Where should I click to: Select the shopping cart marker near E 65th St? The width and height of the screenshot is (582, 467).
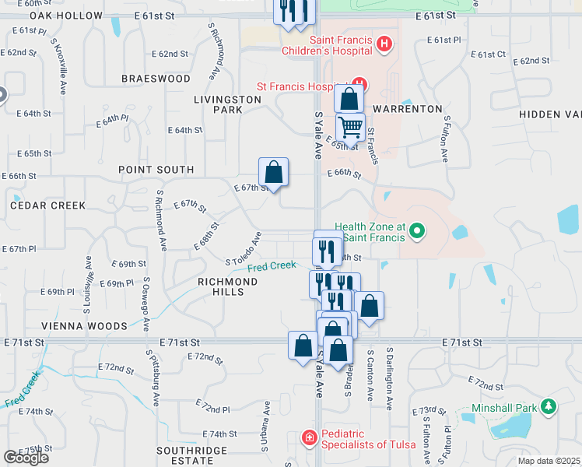tap(351, 126)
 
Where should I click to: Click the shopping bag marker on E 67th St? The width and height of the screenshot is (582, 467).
tap(273, 170)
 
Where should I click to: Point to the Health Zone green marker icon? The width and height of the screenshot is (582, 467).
tap(417, 230)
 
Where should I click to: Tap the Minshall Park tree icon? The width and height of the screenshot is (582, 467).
tap(549, 407)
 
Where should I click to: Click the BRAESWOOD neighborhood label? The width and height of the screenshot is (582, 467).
tap(156, 79)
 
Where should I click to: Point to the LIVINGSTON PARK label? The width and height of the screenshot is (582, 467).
tap(227, 104)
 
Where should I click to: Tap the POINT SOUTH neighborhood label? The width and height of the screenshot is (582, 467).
tap(156, 169)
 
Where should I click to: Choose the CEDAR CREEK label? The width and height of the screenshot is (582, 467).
tap(47, 205)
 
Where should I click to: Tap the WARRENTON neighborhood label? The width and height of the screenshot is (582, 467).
tap(407, 109)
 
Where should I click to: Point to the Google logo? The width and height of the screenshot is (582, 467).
tap(26, 457)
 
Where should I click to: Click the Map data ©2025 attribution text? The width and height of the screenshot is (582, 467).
tap(548, 461)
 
